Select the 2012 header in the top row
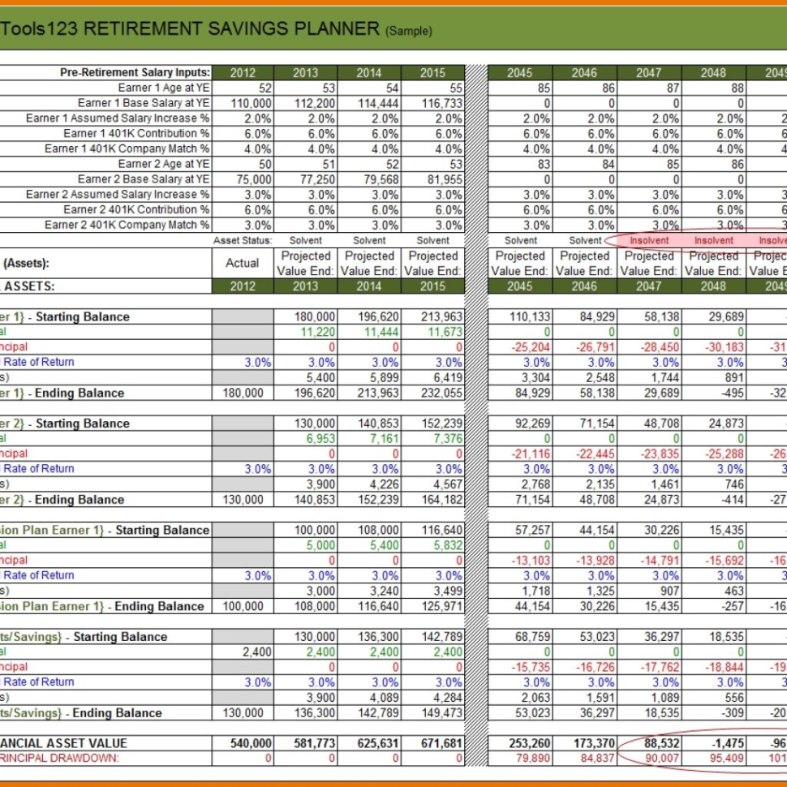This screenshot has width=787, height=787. pyautogui.click(x=243, y=73)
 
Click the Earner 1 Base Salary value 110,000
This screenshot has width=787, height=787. pyautogui.click(x=251, y=103)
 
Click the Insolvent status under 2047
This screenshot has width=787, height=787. pyautogui.click(x=648, y=240)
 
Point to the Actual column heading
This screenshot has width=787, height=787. pyautogui.click(x=242, y=263)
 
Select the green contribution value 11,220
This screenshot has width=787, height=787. pyautogui.click(x=317, y=332)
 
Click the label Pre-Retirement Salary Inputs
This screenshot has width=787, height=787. pyautogui.click(x=135, y=73)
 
